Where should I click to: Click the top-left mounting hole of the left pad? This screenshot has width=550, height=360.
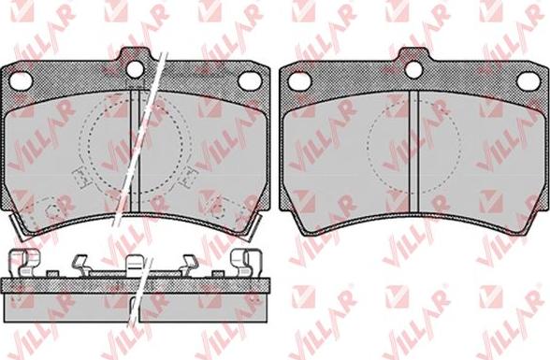tap(21, 81)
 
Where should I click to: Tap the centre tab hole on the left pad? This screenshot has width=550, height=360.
tap(135, 69)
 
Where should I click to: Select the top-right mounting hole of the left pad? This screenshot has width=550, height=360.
tap(250, 81)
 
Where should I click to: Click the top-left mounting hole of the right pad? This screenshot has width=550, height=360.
tap(299, 81)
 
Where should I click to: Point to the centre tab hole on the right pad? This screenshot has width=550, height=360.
tap(413, 69)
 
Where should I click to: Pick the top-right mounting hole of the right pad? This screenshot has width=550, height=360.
tap(528, 81)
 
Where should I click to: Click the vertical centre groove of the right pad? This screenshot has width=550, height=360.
tap(413, 151)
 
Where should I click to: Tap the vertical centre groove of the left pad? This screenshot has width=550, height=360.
tap(135, 151)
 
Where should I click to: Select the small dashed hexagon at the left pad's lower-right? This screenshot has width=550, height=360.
tap(217, 209)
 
